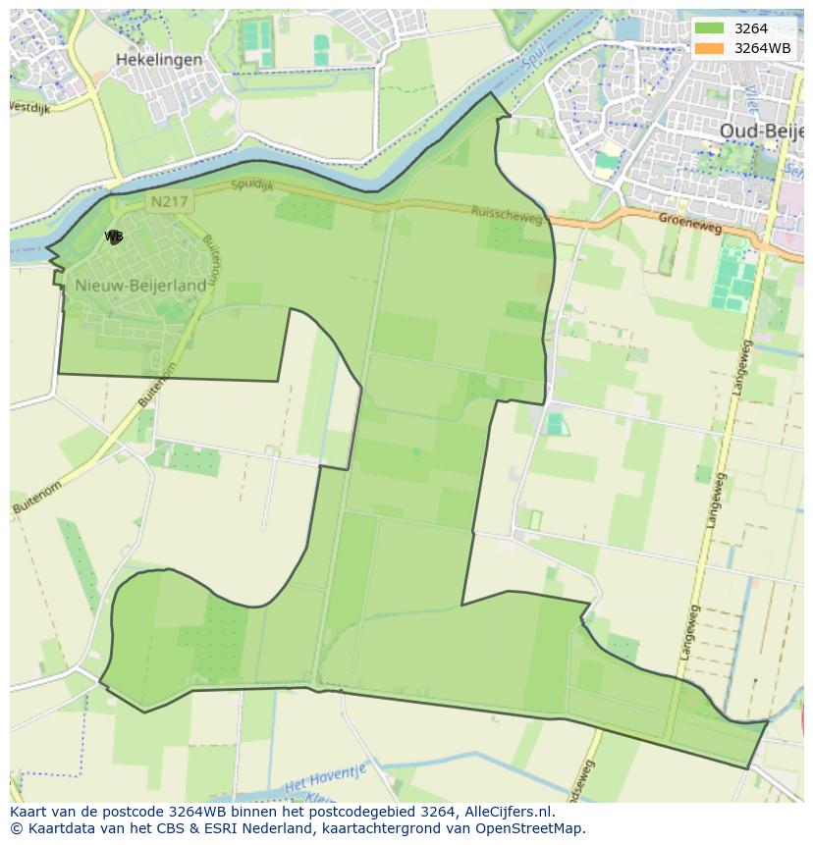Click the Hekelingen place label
[159, 60]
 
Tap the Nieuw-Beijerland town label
[140, 285]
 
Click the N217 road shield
[168, 202]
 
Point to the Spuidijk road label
[254, 185]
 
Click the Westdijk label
[28, 107]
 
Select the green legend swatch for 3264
[708, 28]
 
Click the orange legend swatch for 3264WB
[708, 48]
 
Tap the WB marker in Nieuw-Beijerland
[114, 237]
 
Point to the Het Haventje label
[324, 781]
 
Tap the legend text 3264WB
[762, 48]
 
